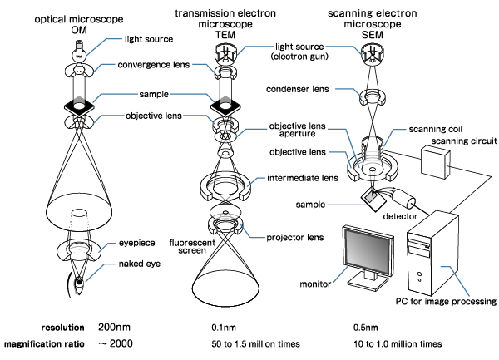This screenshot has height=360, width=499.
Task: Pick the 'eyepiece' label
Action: click(x=127, y=245)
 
